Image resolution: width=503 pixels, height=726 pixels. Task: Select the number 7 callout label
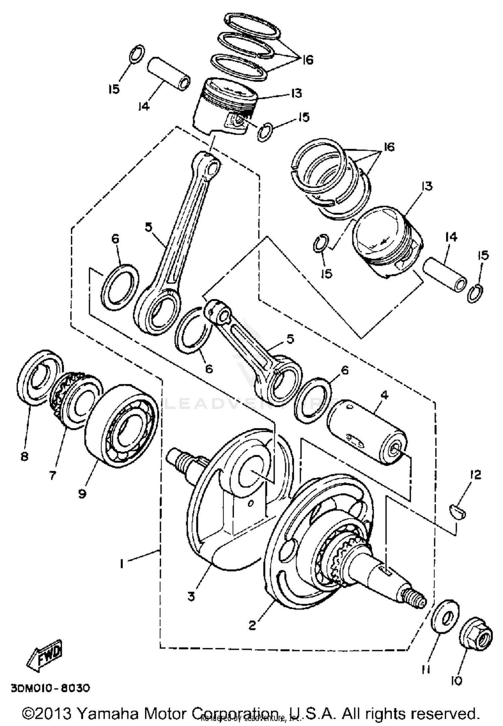(x=52, y=475)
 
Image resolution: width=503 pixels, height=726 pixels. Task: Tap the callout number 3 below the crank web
(x=191, y=597)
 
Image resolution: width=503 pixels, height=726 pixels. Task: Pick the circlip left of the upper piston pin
(x=137, y=53)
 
